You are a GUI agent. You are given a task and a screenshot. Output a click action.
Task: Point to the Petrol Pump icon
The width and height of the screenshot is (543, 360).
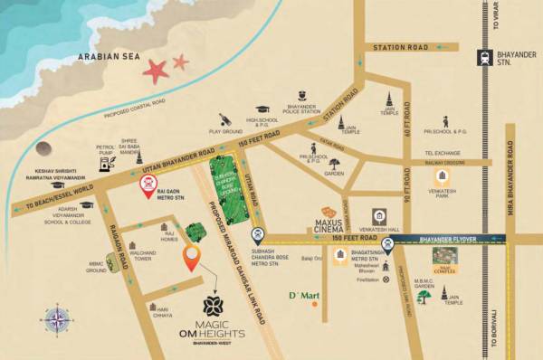click(x=106, y=166)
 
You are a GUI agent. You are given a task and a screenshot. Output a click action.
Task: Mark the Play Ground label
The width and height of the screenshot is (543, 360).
click(x=226, y=131)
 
